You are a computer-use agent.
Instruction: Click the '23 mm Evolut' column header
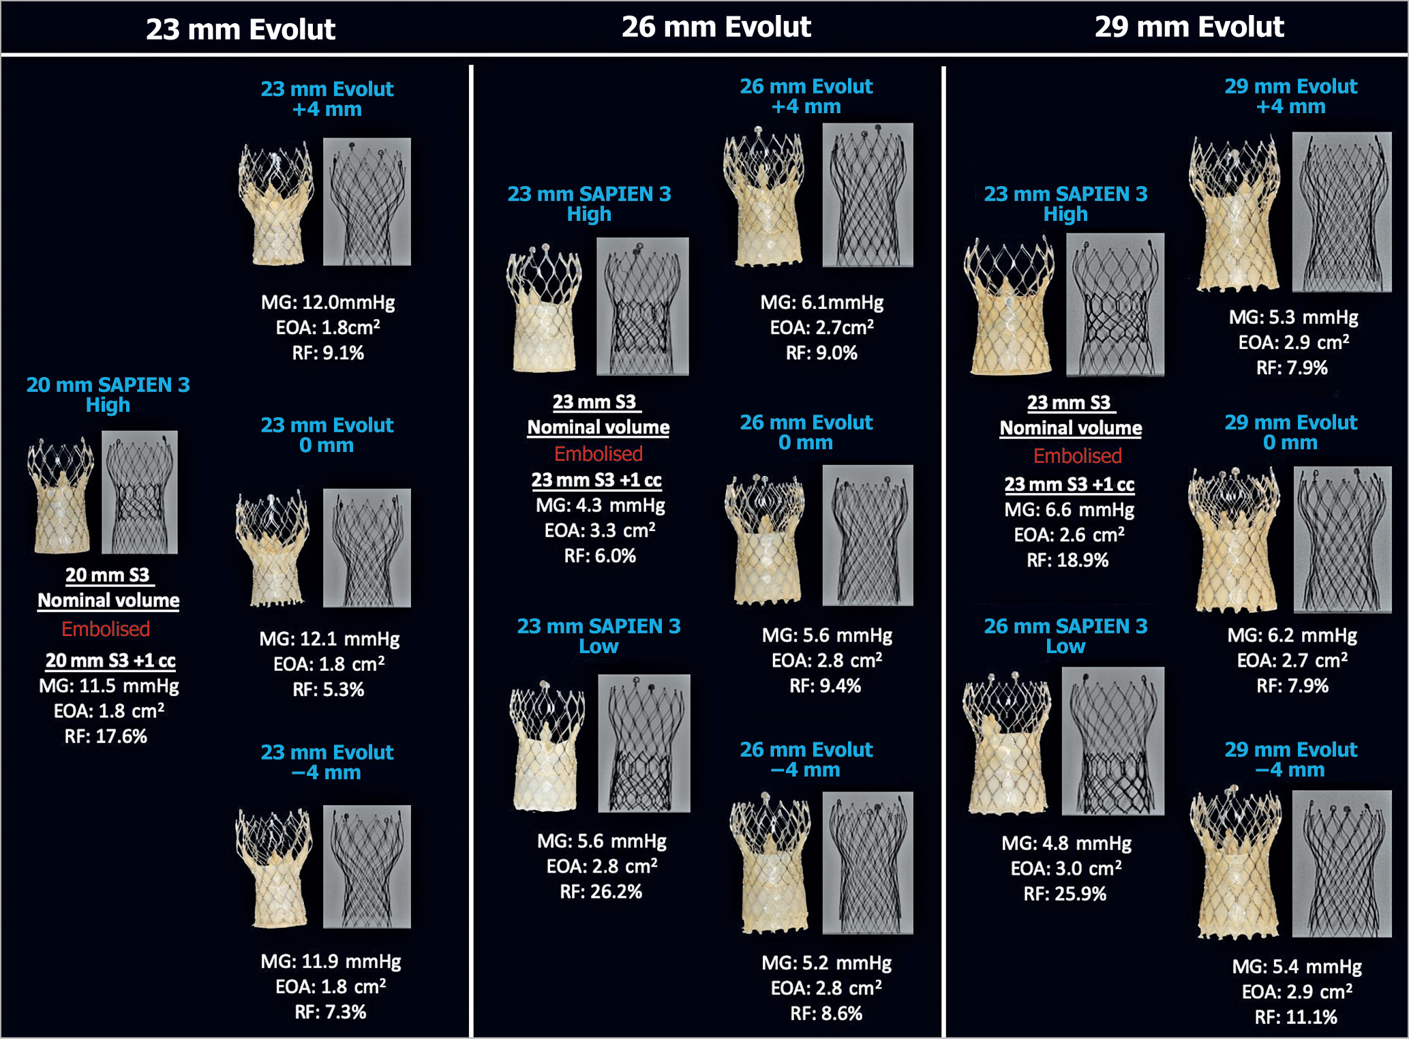click(241, 29)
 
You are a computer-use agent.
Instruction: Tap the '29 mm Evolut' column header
click(1190, 27)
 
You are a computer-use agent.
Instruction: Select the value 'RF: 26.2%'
click(601, 892)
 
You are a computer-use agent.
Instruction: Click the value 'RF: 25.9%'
click(1065, 894)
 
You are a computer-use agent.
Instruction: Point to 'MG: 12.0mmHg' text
click(328, 303)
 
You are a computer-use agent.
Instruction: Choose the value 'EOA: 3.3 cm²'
click(600, 530)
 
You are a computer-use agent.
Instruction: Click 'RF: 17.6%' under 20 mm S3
click(106, 736)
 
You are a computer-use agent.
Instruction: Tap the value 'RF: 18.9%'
click(1067, 560)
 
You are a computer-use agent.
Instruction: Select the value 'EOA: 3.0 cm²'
click(1066, 869)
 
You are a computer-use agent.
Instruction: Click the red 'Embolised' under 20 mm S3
click(106, 629)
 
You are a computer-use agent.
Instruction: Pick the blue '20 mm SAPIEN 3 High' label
click(108, 395)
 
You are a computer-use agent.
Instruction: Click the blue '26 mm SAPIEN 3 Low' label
click(1065, 636)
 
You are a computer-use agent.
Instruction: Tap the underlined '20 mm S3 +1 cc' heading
click(110, 661)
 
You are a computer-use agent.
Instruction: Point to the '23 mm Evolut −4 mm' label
click(327, 762)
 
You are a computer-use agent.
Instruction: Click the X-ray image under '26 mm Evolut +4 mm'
click(868, 195)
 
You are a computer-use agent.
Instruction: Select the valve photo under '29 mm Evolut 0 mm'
click(1234, 539)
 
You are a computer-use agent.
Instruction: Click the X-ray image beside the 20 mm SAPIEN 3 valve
click(140, 492)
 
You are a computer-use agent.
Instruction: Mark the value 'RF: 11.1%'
click(1296, 1017)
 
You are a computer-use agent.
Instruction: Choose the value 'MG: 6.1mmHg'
click(822, 303)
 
